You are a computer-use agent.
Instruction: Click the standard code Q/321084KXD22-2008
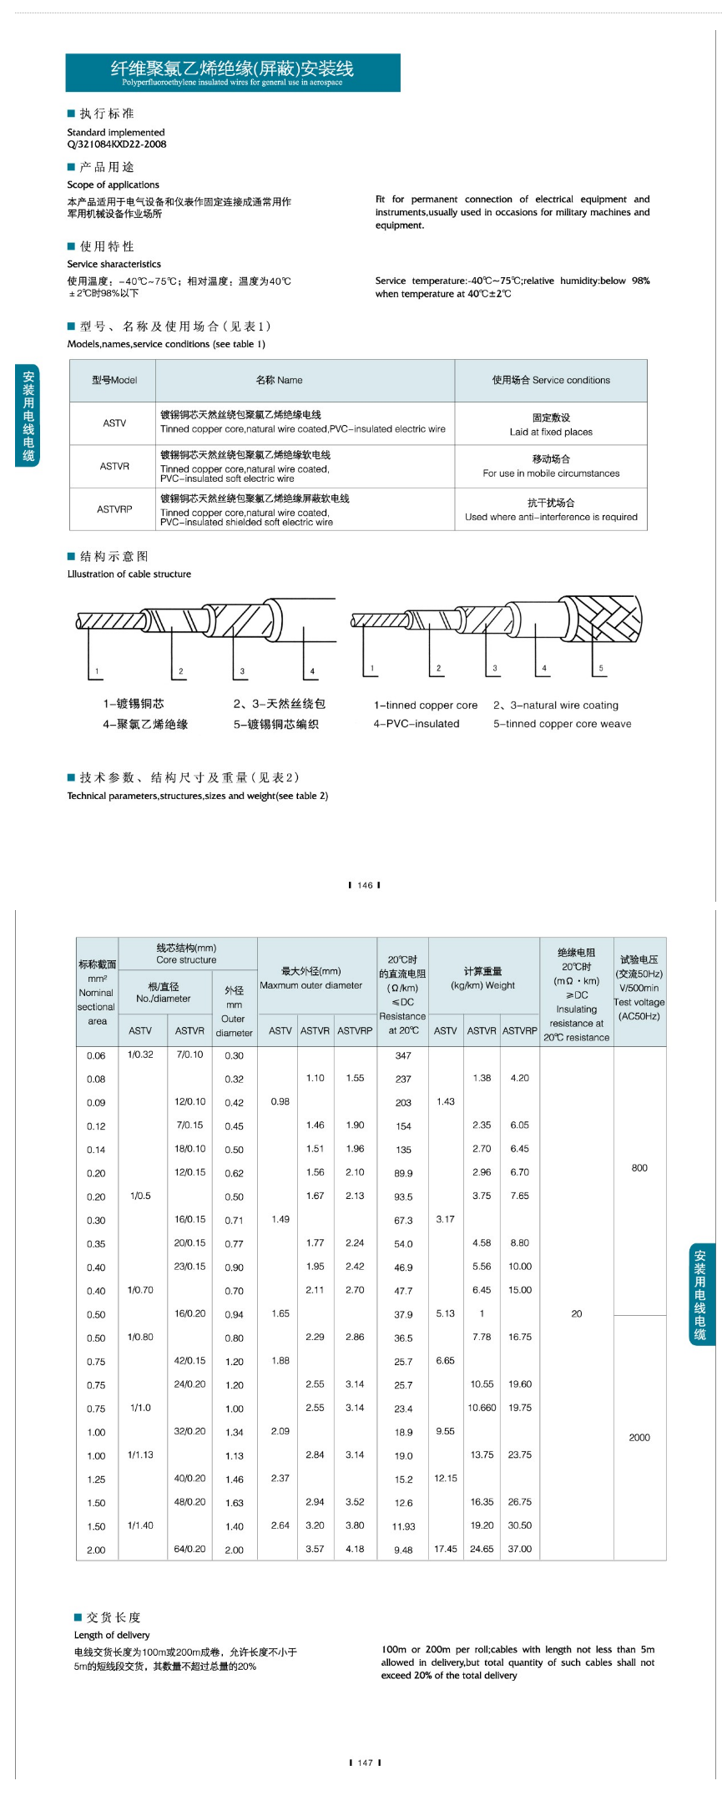tap(117, 144)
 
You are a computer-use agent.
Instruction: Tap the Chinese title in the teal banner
tap(232, 68)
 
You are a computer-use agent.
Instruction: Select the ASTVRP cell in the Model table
tap(114, 509)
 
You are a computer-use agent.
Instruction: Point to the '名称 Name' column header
tap(279, 381)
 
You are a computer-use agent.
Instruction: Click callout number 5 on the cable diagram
tap(601, 669)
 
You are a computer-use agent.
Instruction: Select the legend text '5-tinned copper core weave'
tap(562, 725)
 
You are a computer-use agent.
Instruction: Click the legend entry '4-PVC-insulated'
tap(417, 725)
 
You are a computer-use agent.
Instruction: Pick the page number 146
tap(365, 886)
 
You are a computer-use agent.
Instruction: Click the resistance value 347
tap(403, 1056)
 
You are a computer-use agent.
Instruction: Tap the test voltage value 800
tap(639, 1168)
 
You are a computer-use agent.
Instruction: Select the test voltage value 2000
tap(639, 1438)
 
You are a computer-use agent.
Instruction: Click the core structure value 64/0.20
tap(189, 1549)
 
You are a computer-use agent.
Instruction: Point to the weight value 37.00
tap(519, 1549)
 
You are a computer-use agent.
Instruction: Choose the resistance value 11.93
tap(403, 1526)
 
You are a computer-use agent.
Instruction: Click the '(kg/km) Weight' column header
tap(482, 985)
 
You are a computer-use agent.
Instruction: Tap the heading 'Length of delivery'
tap(112, 1635)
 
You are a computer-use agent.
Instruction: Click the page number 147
tap(365, 1763)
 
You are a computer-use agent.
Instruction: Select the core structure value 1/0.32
tap(140, 1055)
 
